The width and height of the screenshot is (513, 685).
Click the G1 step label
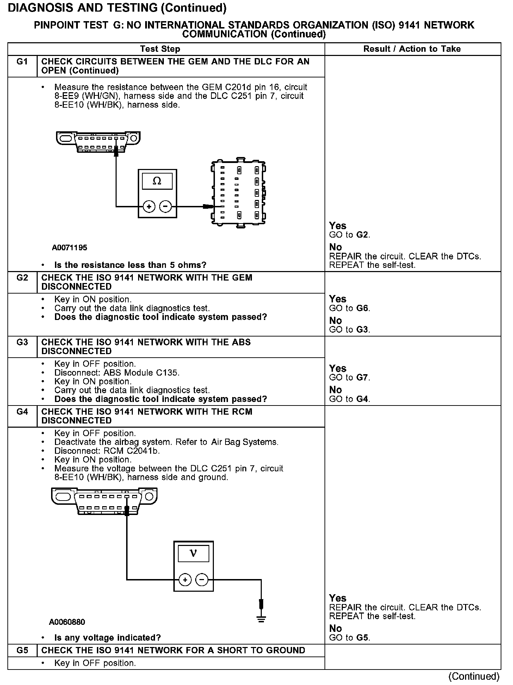click(x=22, y=62)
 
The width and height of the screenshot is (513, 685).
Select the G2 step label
click(x=22, y=278)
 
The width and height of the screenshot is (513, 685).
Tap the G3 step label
click(x=22, y=342)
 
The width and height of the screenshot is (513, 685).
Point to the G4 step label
click(x=22, y=412)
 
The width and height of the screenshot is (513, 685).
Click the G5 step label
click(x=22, y=650)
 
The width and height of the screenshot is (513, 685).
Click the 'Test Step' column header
click(x=160, y=49)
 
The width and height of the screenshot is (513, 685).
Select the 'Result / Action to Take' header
click(x=412, y=49)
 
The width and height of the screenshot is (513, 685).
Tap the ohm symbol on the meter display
click(x=157, y=181)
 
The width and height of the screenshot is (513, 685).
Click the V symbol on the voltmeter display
click(x=193, y=554)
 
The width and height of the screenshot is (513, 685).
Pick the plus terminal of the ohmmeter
click(x=149, y=207)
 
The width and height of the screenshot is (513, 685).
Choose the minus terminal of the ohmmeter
click(x=166, y=207)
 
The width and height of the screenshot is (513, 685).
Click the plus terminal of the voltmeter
click(x=185, y=579)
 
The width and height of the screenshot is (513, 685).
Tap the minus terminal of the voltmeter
click(x=202, y=579)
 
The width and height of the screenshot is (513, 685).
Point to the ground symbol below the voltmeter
click(x=261, y=618)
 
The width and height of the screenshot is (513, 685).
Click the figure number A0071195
click(x=69, y=248)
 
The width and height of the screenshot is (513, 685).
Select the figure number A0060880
click(x=67, y=622)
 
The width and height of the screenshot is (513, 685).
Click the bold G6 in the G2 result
click(x=363, y=308)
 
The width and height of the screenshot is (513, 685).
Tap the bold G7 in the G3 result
click(x=363, y=378)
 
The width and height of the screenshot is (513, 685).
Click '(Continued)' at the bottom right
click(x=474, y=676)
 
